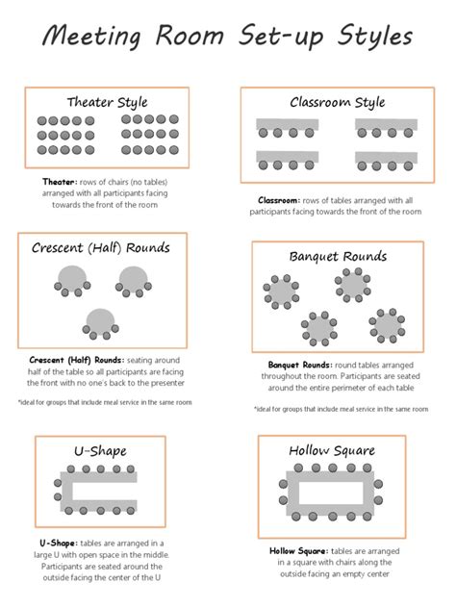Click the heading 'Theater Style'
click(107, 102)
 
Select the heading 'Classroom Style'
click(337, 102)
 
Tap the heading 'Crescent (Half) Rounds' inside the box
click(100, 248)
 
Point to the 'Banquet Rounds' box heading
click(338, 257)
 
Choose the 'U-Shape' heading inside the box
click(99, 450)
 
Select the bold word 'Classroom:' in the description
click(278, 200)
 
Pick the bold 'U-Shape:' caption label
click(47, 544)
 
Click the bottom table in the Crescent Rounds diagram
click(99, 321)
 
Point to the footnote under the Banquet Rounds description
click(341, 409)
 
